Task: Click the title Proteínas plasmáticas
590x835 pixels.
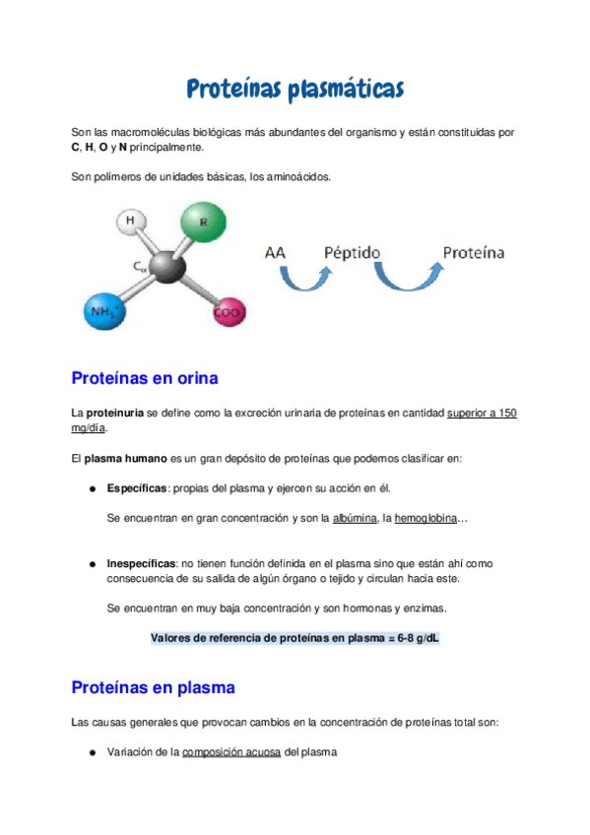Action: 295,91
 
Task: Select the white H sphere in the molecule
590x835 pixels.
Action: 132,223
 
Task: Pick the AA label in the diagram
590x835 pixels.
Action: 276,253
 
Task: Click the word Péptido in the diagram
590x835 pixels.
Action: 352,253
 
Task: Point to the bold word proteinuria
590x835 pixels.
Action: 114,414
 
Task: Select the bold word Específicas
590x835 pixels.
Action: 137,488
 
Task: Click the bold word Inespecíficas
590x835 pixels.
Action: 141,563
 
